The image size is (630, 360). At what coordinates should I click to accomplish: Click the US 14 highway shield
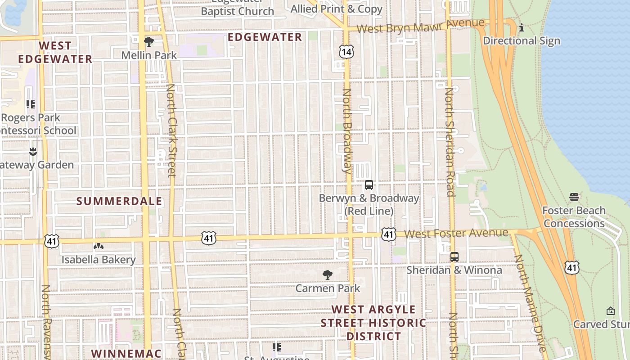tap(346, 52)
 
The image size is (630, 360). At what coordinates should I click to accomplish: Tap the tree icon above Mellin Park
tap(149, 42)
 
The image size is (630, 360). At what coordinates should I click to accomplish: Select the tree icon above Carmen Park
tap(328, 275)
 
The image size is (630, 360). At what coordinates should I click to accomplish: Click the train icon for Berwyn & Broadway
tap(369, 185)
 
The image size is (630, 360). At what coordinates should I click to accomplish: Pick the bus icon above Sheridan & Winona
tap(454, 257)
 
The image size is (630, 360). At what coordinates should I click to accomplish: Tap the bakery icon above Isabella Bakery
tap(98, 246)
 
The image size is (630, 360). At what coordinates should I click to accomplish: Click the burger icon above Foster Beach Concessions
tap(574, 197)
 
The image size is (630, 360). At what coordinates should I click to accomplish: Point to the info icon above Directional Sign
tap(522, 28)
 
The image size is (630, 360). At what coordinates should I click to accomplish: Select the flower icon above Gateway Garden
tap(32, 151)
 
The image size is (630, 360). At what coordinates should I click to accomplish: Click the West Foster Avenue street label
tap(456, 234)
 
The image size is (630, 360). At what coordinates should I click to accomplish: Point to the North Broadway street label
tap(346, 131)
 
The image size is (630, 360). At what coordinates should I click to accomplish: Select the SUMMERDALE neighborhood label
tap(119, 201)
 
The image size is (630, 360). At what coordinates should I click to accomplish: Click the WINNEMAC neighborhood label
tap(126, 353)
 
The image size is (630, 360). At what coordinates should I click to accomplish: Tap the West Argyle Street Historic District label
tap(373, 323)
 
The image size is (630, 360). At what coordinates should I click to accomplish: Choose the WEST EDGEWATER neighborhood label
tap(55, 52)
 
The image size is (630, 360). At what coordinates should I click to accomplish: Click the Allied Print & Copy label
tap(336, 9)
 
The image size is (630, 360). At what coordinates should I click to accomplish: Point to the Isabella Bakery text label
tap(99, 260)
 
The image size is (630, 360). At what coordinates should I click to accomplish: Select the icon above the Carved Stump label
tap(611, 311)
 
